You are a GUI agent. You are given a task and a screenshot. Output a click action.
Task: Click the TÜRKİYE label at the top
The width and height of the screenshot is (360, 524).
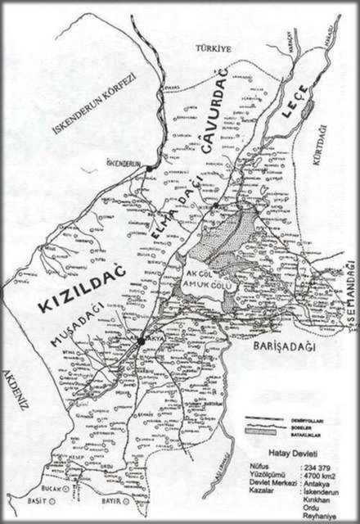coord(214,50)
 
